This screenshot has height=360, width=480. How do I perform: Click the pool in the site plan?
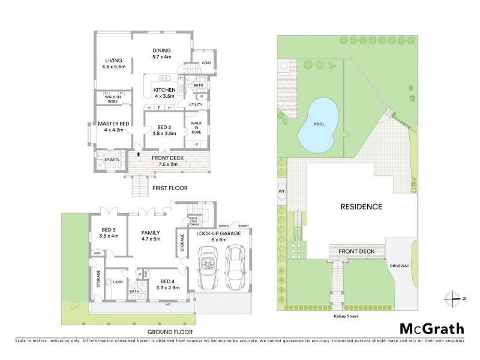(318, 124)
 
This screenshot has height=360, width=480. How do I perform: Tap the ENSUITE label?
(112, 159)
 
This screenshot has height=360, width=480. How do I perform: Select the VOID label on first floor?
(206, 62)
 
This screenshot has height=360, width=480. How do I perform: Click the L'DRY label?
(117, 282)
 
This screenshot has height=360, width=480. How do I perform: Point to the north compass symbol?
(452, 298)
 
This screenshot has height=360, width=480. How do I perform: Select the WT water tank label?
(281, 192)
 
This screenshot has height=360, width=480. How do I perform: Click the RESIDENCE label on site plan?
(361, 206)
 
